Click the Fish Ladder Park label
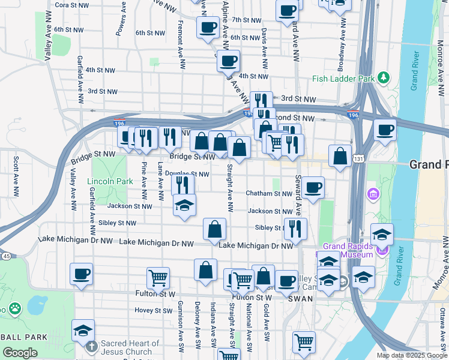click(x=343, y=79)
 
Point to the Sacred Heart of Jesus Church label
click(x=130, y=347)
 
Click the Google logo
click(x=20, y=352)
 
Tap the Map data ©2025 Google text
click(x=411, y=355)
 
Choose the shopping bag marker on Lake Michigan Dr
click(x=214, y=229)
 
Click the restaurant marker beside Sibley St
click(x=295, y=229)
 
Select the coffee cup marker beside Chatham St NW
click(x=312, y=188)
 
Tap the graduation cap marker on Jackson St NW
click(x=184, y=205)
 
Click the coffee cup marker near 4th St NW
click(x=228, y=61)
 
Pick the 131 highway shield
click(x=358, y=158)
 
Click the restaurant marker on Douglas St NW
click(x=183, y=185)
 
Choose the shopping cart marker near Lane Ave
click(x=158, y=278)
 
